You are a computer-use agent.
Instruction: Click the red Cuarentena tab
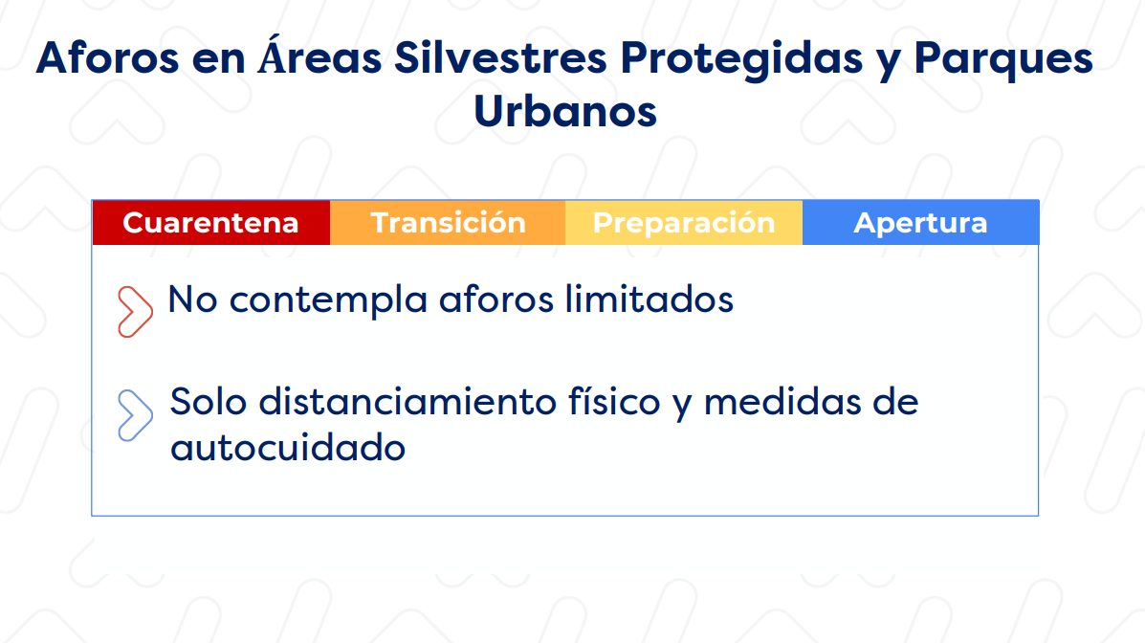click(211, 222)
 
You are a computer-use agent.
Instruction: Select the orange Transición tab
click(448, 222)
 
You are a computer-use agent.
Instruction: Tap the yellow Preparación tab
click(684, 222)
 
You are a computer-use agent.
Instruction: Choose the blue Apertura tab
click(920, 222)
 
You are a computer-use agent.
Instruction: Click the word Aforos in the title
click(107, 57)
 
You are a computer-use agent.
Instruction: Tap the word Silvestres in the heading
click(500, 57)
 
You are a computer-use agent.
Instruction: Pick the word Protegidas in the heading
click(741, 60)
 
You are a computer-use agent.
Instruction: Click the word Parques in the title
click(1003, 60)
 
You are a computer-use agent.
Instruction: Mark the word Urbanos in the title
click(565, 111)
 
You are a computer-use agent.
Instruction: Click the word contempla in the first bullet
click(328, 301)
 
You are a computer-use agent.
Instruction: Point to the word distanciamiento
click(407, 402)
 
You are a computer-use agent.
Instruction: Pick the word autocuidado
click(288, 447)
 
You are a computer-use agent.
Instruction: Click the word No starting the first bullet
click(193, 299)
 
